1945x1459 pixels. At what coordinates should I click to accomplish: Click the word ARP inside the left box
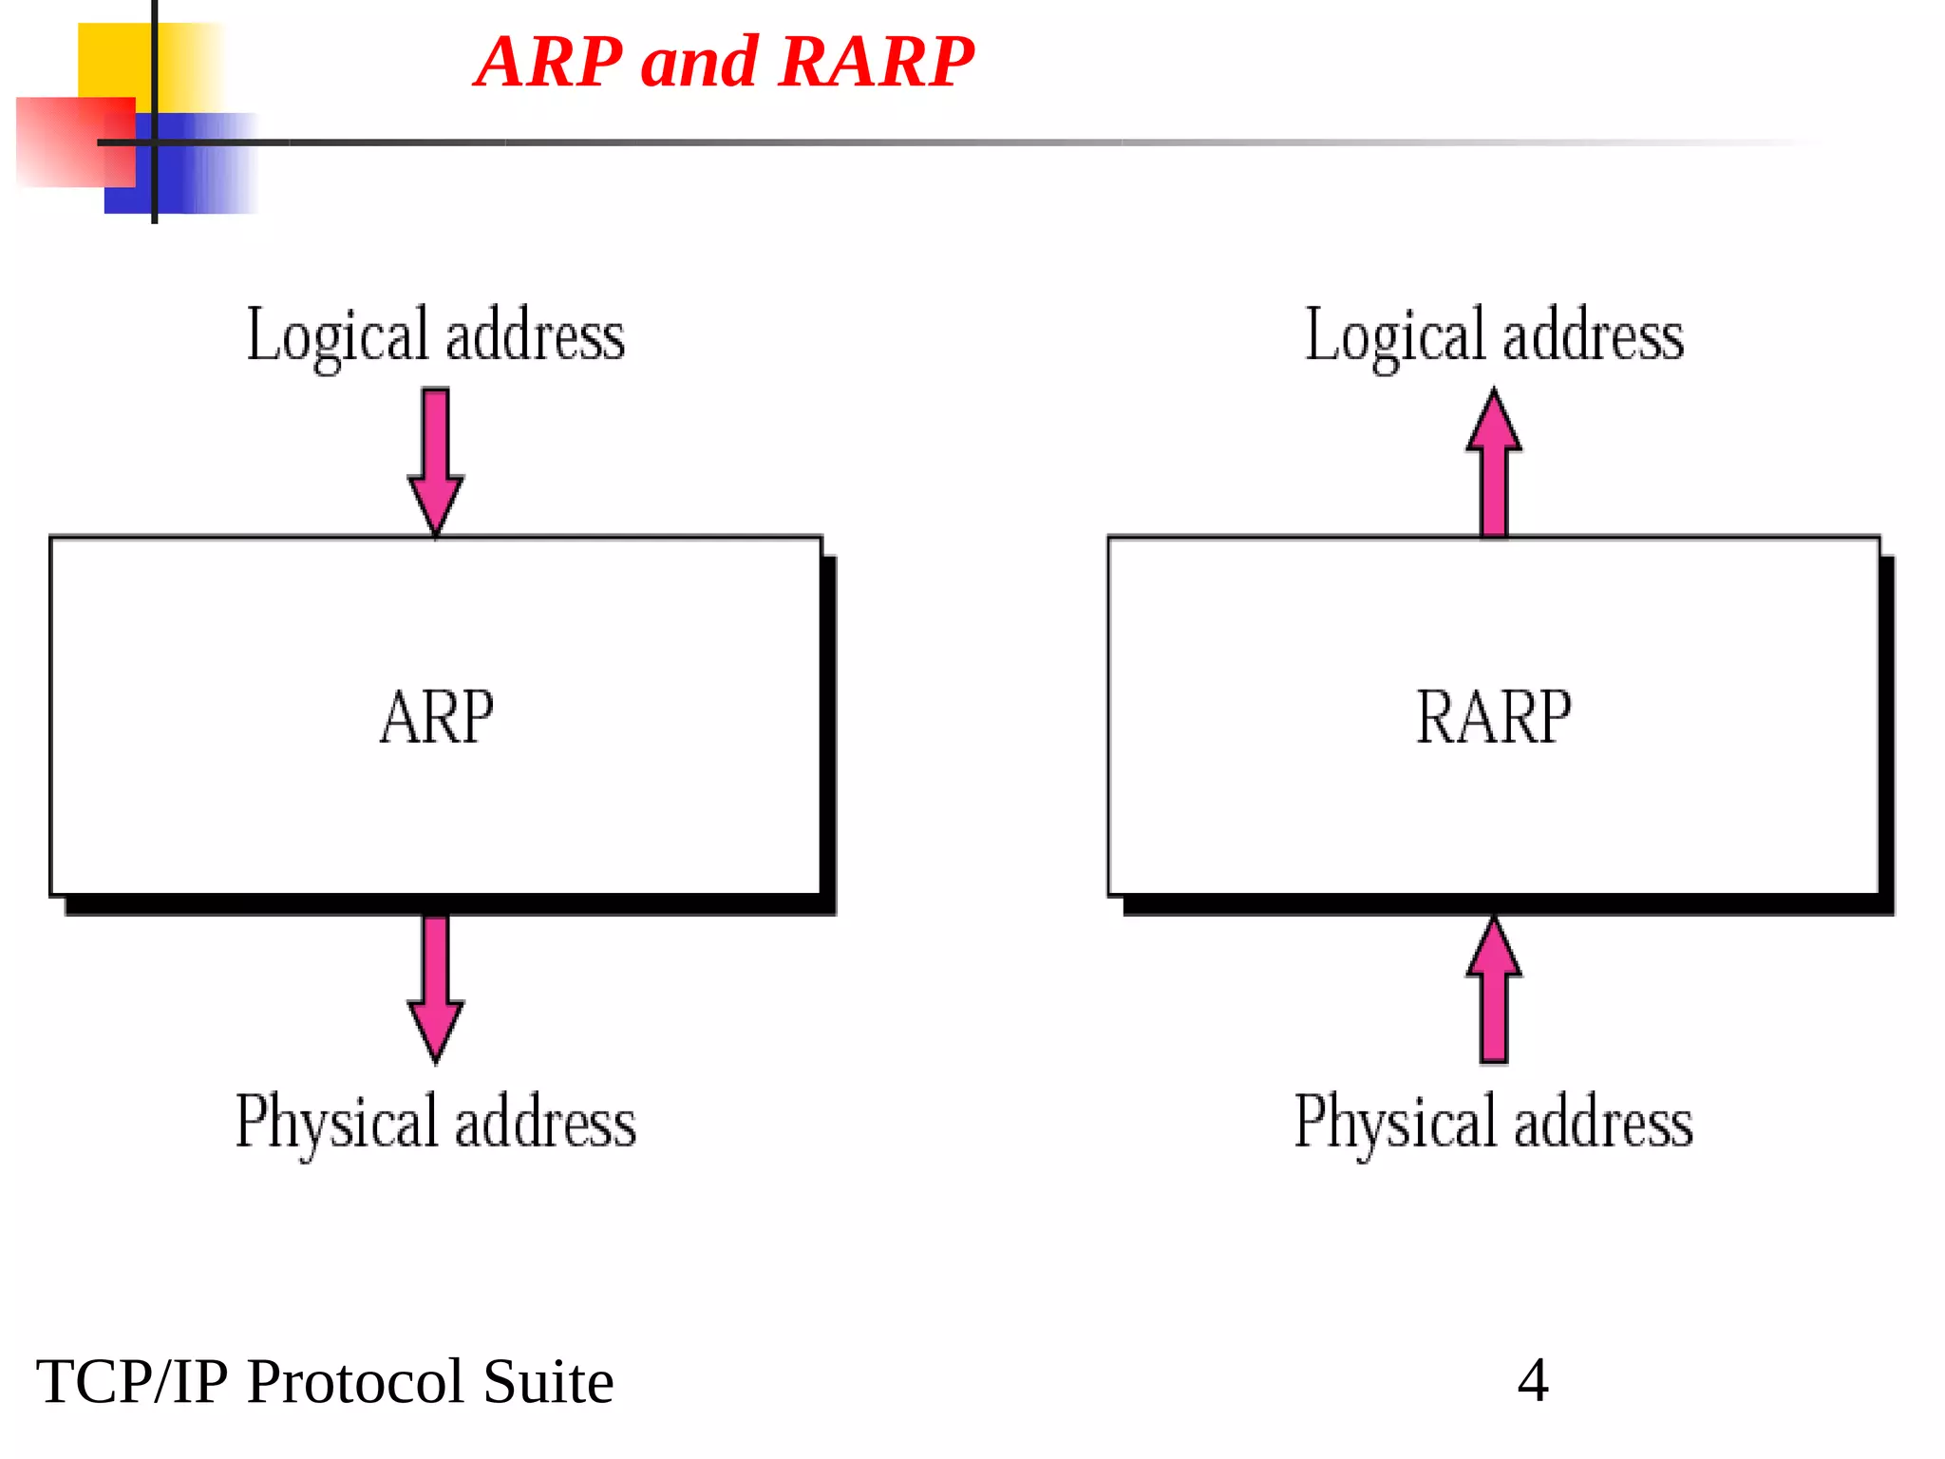(437, 717)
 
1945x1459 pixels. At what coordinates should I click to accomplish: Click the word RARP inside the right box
(1494, 717)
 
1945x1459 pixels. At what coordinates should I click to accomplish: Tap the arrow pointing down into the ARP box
(436, 461)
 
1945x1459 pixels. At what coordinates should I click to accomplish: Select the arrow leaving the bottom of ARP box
(436, 988)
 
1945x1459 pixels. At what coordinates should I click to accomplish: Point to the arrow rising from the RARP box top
(1494, 463)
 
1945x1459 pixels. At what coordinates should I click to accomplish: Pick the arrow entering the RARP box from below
(1494, 990)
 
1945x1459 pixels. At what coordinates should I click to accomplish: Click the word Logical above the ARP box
(338, 336)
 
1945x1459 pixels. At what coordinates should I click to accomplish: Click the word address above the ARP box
(536, 336)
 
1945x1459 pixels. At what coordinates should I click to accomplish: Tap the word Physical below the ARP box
(337, 1123)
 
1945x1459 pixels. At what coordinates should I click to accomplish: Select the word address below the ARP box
(546, 1123)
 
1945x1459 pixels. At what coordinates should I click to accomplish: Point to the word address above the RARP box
(1594, 336)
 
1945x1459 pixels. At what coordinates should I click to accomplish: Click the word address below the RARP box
(1604, 1123)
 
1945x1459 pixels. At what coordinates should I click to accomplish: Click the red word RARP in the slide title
(878, 62)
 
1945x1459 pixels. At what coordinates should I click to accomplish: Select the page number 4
(1533, 1380)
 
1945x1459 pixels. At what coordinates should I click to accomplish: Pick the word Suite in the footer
(548, 1382)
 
